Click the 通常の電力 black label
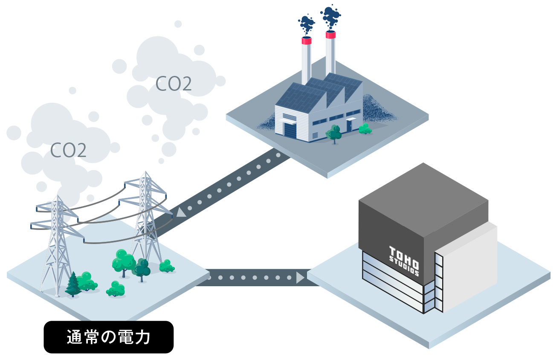pyautogui.click(x=109, y=337)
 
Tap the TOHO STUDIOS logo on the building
pyautogui.click(x=404, y=260)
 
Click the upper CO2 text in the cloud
pyautogui.click(x=174, y=84)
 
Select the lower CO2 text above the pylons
pyautogui.click(x=68, y=150)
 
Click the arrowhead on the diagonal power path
pyautogui.click(x=181, y=212)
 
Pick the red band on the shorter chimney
pyautogui.click(x=307, y=41)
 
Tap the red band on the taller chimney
pyautogui.click(x=330, y=35)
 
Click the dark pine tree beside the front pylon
pyautogui.click(x=73, y=283)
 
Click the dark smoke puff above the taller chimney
pyautogui.click(x=331, y=16)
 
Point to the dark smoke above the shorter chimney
pyautogui.click(x=306, y=24)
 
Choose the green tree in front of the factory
pyautogui.click(x=333, y=133)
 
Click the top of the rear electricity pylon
pyautogui.click(x=146, y=174)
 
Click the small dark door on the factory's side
pyautogui.click(x=349, y=125)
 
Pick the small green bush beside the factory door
pyautogui.click(x=365, y=128)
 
